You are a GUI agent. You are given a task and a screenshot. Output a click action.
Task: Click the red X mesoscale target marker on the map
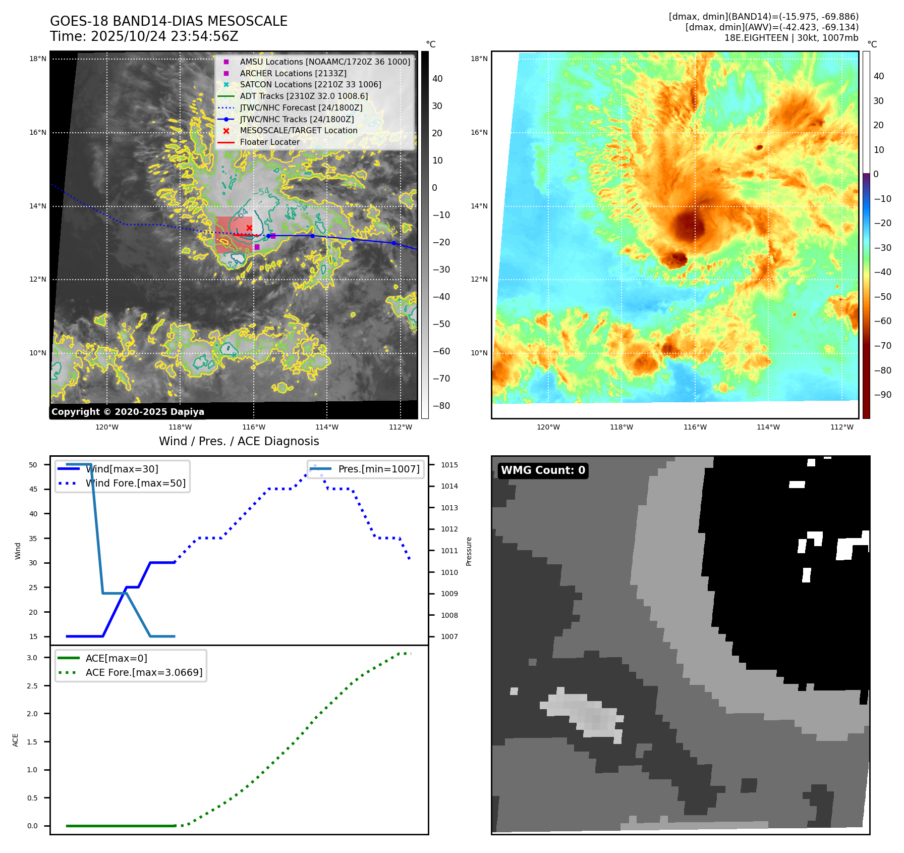[249, 228]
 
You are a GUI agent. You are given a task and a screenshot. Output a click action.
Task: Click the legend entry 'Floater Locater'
[269, 142]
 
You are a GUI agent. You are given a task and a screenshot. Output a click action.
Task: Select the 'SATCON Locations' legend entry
[310, 85]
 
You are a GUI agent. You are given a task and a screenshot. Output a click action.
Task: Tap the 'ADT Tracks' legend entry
[304, 96]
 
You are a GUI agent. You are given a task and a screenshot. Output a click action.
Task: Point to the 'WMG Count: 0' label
[543, 470]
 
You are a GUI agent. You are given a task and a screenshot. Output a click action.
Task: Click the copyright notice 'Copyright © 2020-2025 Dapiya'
[128, 412]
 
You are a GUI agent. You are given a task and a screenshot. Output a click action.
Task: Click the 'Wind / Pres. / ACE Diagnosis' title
[239, 442]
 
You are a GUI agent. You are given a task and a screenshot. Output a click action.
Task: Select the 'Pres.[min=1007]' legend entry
[378, 469]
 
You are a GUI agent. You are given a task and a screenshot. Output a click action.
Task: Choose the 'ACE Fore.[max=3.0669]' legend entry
[144, 673]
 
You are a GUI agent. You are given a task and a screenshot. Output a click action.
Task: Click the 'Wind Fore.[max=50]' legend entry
[135, 484]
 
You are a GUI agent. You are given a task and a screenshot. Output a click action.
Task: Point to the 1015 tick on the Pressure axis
[449, 465]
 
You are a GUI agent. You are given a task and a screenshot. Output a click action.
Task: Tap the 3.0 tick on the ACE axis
[32, 658]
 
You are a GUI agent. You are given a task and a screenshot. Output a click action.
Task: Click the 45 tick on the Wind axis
[33, 490]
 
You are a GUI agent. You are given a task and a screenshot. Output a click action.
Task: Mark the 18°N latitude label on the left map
[38, 59]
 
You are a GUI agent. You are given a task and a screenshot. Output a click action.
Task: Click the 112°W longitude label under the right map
[842, 428]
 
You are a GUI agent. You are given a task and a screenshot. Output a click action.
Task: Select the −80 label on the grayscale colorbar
[441, 406]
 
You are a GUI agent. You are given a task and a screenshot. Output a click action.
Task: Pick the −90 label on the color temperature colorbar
[882, 395]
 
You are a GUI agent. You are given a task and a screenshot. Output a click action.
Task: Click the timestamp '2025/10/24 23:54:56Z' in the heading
[164, 37]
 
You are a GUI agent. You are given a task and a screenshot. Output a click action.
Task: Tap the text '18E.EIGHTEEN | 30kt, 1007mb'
[791, 38]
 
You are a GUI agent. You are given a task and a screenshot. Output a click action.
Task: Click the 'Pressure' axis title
[469, 551]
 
